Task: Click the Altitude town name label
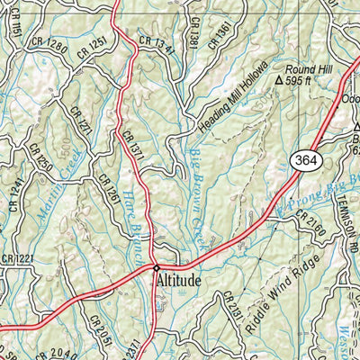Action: pyautogui.click(x=180, y=281)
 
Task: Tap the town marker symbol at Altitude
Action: pyautogui.click(x=156, y=267)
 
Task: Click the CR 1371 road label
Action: pyautogui.click(x=134, y=143)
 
